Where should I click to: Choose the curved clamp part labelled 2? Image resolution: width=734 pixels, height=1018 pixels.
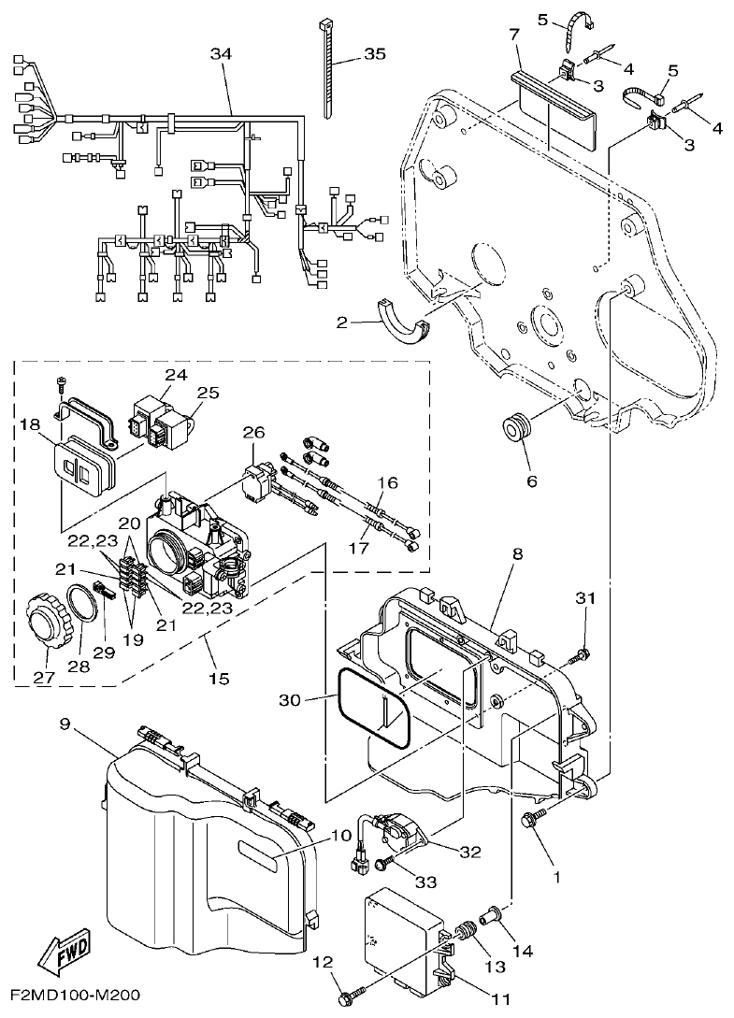coord(401,323)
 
